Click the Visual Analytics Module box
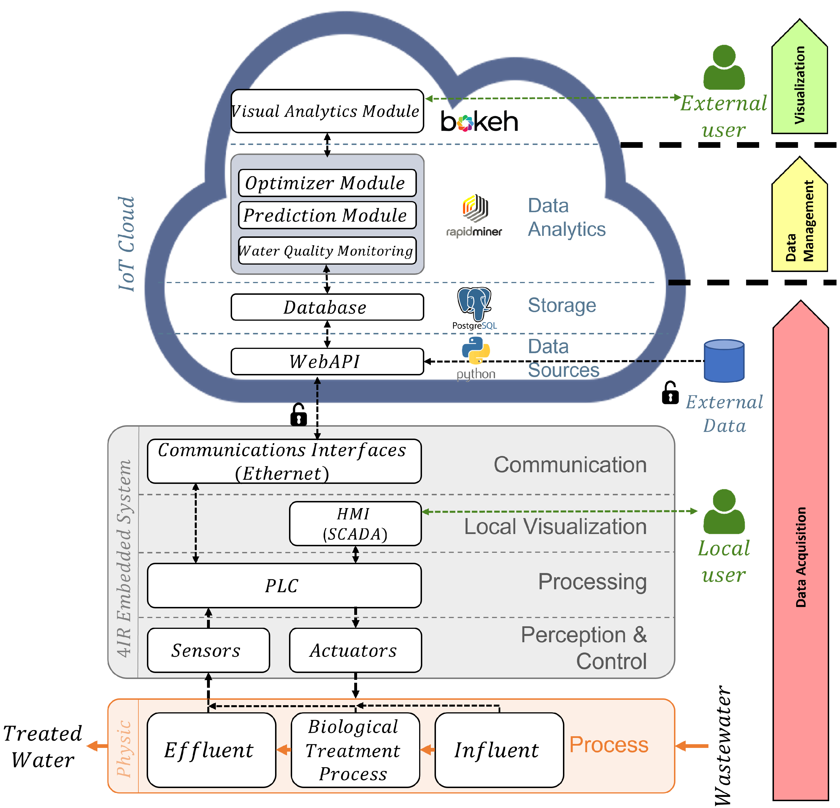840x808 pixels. [327, 111]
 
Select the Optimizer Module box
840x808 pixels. [327, 183]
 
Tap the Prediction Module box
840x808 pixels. [327, 215]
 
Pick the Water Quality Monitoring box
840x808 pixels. [327, 250]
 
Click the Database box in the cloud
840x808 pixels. [327, 307]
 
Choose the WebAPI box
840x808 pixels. [327, 361]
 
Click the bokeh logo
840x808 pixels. [479, 121]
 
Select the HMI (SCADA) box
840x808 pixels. [355, 523]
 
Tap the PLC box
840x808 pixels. [284, 585]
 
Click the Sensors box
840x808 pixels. [208, 650]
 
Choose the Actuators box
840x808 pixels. [355, 650]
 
